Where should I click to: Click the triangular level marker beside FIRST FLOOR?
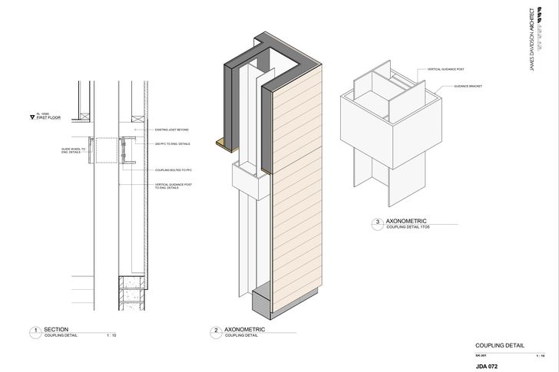click(x=31, y=117)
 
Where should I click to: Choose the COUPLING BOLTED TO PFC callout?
click(x=173, y=169)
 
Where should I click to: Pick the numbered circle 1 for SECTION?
click(x=35, y=332)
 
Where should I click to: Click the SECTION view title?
click(x=56, y=329)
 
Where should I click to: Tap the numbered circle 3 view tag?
click(x=377, y=224)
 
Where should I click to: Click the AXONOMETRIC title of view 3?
click(x=405, y=221)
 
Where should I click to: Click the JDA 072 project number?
click(x=488, y=366)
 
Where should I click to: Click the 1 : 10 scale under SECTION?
click(x=111, y=336)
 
